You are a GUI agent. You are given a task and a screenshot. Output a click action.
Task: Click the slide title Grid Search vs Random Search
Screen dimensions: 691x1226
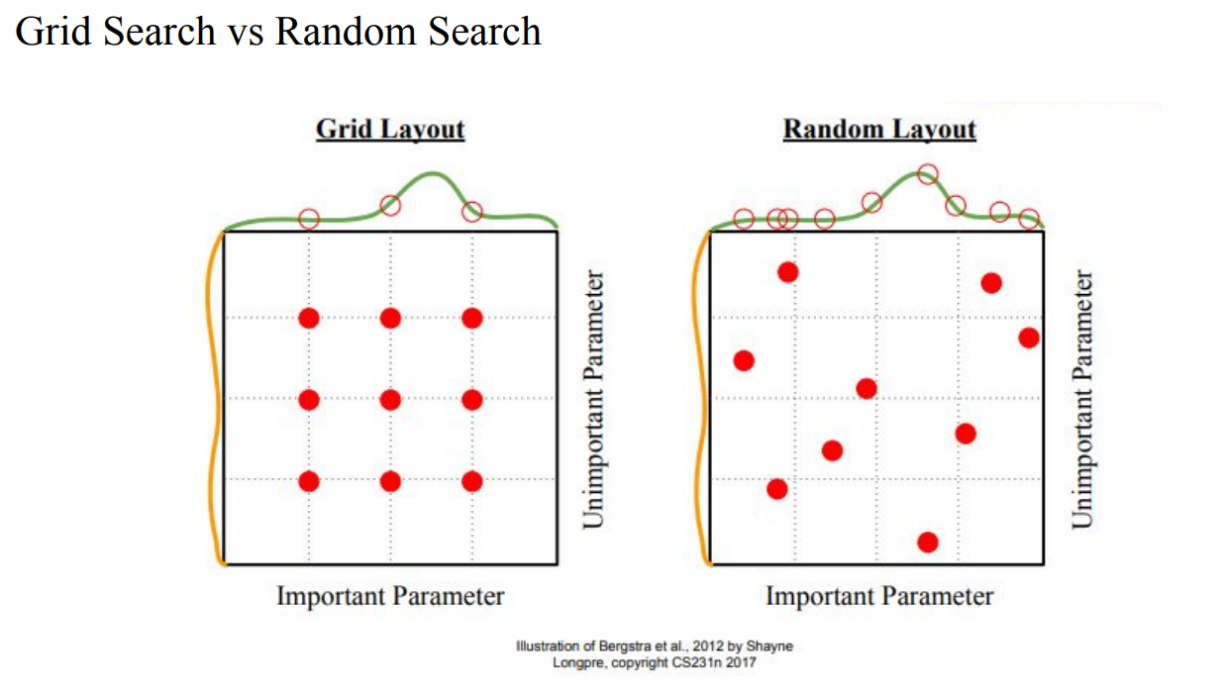point(278,32)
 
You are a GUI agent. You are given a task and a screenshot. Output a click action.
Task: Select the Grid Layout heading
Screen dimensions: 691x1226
point(390,130)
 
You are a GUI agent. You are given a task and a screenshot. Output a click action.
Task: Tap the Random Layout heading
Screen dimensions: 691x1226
point(879,130)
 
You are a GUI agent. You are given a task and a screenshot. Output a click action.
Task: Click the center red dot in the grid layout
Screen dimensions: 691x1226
point(390,400)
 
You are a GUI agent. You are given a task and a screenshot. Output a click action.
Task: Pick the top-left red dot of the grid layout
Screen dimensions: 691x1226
point(309,318)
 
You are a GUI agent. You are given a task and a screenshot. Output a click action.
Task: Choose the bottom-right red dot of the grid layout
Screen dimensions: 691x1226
point(471,481)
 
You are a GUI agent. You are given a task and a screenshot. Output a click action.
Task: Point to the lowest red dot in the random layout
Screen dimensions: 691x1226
point(928,542)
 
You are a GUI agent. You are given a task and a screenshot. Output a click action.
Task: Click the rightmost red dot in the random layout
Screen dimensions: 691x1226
point(1029,338)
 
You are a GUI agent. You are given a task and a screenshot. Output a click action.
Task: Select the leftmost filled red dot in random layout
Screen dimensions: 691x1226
point(744,360)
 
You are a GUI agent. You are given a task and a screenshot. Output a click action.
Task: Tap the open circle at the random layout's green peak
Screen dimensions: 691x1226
point(928,174)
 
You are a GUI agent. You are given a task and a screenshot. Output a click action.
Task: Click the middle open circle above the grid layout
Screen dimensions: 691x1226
point(390,206)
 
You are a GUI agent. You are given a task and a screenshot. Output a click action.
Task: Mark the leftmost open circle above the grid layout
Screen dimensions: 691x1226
point(309,218)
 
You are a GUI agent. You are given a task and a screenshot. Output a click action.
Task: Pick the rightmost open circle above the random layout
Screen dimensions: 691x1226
point(1029,218)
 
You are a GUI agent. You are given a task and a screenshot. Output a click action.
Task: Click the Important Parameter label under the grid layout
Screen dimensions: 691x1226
point(390,596)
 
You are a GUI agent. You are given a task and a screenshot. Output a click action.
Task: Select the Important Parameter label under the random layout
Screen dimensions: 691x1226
point(879,596)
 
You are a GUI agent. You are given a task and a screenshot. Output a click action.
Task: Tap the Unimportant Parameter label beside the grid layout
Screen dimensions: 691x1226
point(593,399)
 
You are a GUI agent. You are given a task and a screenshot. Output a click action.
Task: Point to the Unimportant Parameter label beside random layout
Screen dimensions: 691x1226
point(1082,399)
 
